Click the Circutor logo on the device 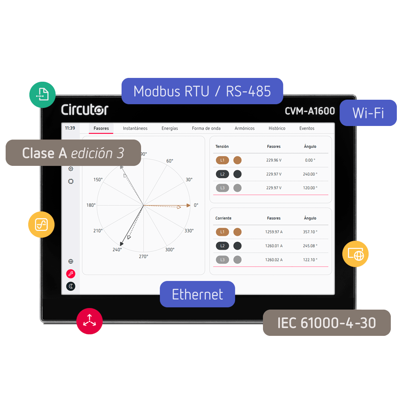click(85, 110)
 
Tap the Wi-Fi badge click(368, 113)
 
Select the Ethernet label click(197, 294)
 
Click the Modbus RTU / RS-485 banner click(202, 91)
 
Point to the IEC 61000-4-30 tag click(327, 323)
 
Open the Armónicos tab click(245, 128)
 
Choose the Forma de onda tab click(206, 128)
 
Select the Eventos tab click(307, 128)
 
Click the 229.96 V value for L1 click(274, 160)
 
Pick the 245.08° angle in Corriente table click(310, 246)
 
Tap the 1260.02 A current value click(274, 260)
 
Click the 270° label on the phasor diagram click(144, 257)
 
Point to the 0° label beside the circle click(196, 205)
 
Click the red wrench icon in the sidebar click(70, 274)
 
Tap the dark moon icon click(70, 286)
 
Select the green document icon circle click(42, 95)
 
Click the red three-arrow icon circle click(90, 321)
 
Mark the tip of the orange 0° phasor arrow click(191, 205)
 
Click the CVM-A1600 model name click(310, 111)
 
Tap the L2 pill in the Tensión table click(222, 174)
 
